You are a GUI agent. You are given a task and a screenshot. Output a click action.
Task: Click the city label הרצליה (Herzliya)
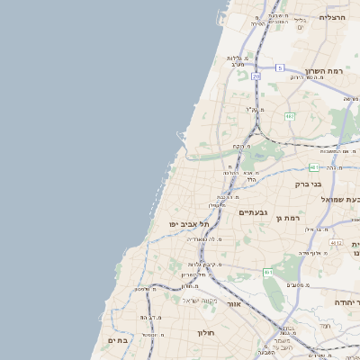click(x=332, y=17)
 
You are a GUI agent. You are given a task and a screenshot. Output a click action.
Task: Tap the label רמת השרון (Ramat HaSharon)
click(x=325, y=70)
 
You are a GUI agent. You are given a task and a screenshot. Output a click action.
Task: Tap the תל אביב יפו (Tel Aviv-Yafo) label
click(x=188, y=223)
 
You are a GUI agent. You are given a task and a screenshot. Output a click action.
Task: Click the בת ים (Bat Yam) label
click(x=118, y=340)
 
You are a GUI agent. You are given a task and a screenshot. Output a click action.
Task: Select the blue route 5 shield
click(x=280, y=67)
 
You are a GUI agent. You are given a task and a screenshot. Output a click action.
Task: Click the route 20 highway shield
click(x=256, y=76)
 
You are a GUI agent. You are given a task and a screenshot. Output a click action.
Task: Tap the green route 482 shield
click(x=290, y=116)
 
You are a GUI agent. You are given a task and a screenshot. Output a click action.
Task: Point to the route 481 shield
click(x=313, y=167)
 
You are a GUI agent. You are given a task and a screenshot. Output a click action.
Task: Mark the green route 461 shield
click(x=267, y=271)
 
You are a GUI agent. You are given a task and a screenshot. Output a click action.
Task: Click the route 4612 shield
click(x=335, y=242)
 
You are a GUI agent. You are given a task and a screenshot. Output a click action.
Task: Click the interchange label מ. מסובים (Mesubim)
click(x=300, y=284)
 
